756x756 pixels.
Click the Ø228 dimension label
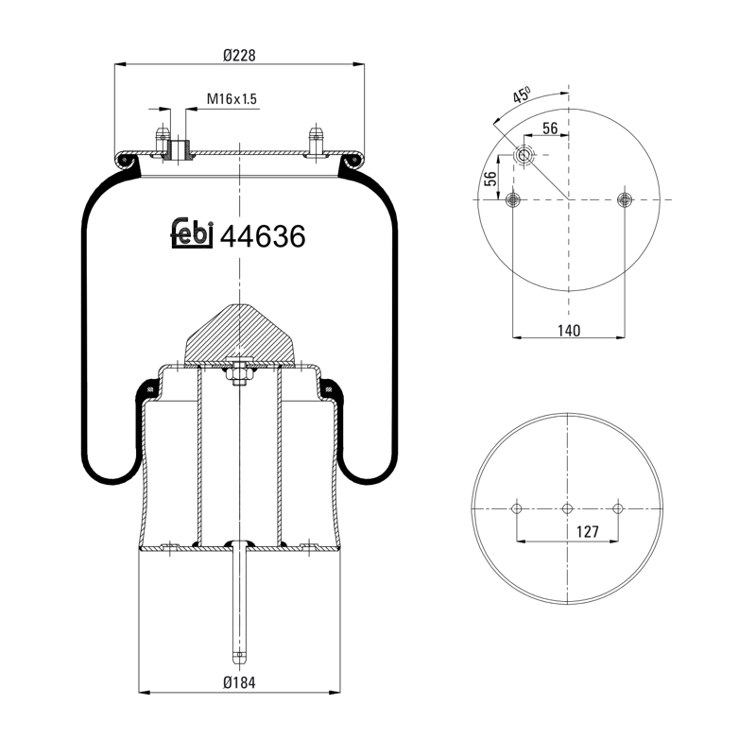coord(239,56)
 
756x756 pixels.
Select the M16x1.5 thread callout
coord(232,99)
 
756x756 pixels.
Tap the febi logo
coord(192,233)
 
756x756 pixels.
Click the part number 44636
coord(263,236)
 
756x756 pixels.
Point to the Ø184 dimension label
coord(239,682)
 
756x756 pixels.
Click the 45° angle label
coord(522,95)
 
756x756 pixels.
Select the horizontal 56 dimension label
coord(550,129)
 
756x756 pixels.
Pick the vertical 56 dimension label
coord(490,179)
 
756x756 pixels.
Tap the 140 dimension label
coord(569,331)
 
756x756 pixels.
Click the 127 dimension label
coord(588,532)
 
